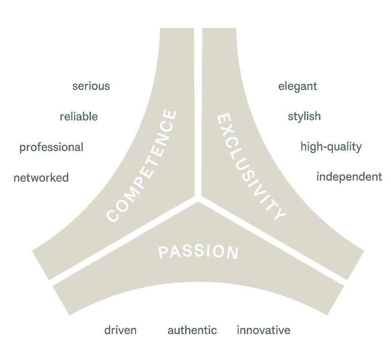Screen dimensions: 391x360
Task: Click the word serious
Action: [x=91, y=86]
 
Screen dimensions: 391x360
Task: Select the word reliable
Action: [x=79, y=116]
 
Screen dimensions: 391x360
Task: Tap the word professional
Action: [x=51, y=147]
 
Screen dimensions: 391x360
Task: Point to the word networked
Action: [x=41, y=177]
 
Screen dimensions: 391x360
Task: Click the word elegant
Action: [x=297, y=86]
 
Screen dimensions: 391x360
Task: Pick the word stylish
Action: [x=304, y=116]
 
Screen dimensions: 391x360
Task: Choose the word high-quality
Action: [x=331, y=147]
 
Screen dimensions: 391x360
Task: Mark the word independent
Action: [x=349, y=176]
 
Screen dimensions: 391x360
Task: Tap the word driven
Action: [x=120, y=330]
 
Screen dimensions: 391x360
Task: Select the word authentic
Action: [x=192, y=330]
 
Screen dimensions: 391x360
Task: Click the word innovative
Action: [x=263, y=330]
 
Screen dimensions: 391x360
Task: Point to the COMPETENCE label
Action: [x=141, y=166]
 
